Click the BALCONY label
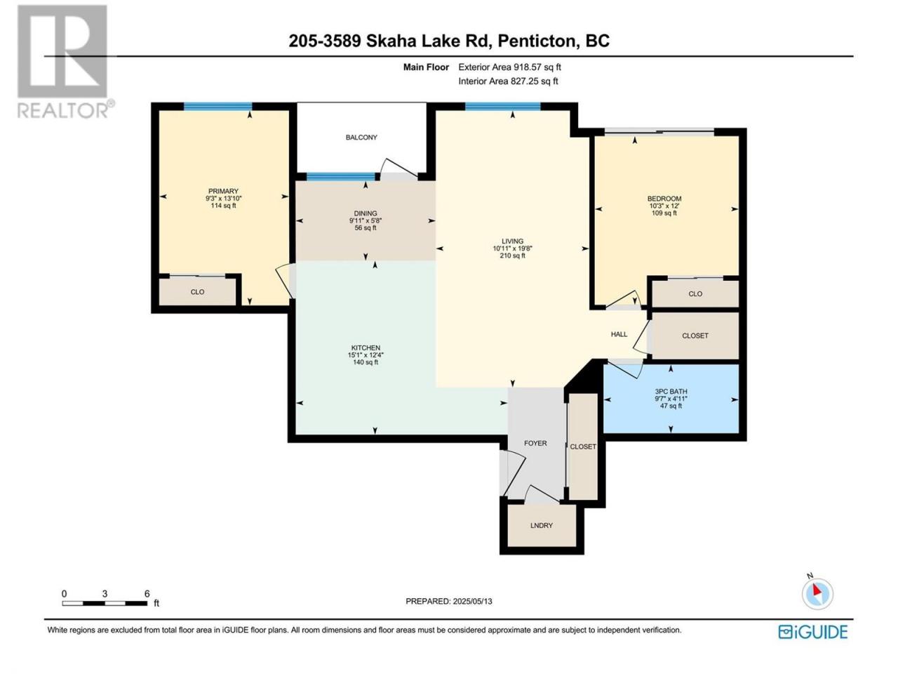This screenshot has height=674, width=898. [x=361, y=138]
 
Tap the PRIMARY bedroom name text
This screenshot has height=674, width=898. [x=223, y=191]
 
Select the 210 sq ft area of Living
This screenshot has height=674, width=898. [x=512, y=256]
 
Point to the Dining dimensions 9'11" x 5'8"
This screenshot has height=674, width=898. [x=366, y=220]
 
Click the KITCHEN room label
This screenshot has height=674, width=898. [x=366, y=348]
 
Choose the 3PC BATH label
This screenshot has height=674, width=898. [x=671, y=392]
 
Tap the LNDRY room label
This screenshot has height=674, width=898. [x=541, y=525]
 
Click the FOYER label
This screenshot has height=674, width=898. [x=535, y=443]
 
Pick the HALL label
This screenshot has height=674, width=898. [x=619, y=334]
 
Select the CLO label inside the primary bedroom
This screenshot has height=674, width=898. [x=197, y=292]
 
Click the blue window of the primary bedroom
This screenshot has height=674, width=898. [x=217, y=107]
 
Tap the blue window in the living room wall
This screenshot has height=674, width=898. [x=502, y=107]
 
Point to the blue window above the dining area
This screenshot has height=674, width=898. [x=341, y=176]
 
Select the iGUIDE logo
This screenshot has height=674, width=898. [x=812, y=632]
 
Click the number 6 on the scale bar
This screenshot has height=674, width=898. [x=147, y=594]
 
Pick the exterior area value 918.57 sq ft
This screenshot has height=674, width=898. [x=537, y=67]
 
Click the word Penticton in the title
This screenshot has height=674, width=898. [x=537, y=41]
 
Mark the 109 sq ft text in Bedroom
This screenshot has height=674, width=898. [x=664, y=213]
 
